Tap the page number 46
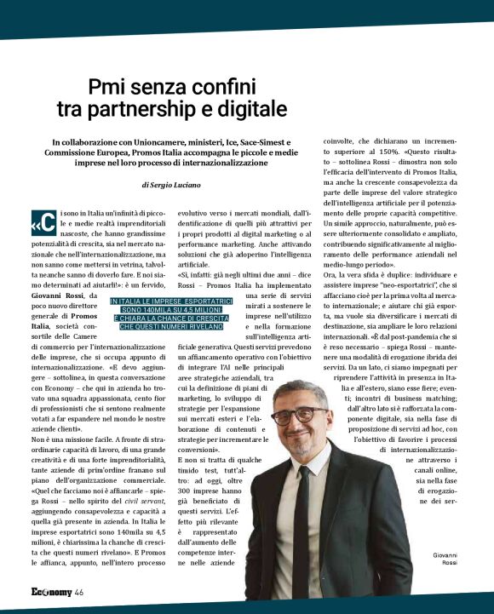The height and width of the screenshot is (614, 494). coord(78,593)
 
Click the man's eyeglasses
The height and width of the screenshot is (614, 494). coord(296,417)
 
